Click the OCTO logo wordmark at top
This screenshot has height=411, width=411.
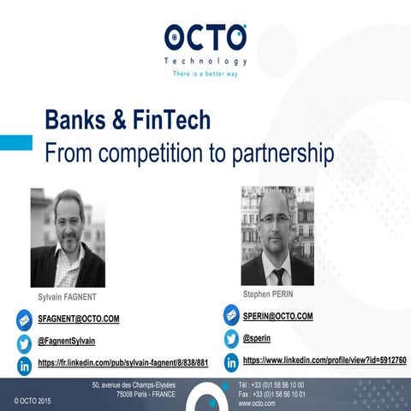(205, 38)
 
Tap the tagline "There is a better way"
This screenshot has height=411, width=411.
(205, 74)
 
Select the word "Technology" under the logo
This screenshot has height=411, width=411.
(205, 62)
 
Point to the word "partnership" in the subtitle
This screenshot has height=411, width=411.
(262, 154)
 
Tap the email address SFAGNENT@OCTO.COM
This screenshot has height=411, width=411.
(79, 319)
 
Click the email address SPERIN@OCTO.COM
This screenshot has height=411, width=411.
(272, 316)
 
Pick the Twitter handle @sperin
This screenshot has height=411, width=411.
(259, 338)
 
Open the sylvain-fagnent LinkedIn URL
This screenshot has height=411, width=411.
(123, 363)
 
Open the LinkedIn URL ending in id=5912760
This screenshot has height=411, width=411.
(325, 360)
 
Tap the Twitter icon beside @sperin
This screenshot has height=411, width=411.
(231, 339)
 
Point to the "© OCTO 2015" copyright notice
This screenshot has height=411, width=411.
(33, 400)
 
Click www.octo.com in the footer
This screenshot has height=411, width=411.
(257, 402)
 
